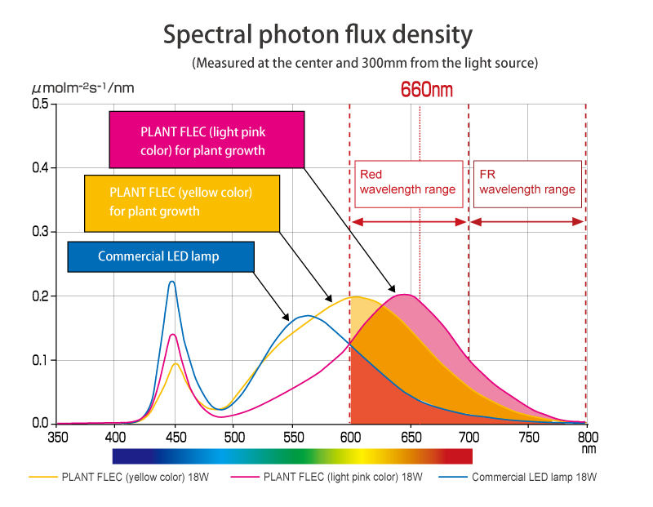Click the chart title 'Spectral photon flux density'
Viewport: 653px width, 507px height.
click(318, 35)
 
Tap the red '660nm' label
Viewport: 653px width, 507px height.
click(426, 90)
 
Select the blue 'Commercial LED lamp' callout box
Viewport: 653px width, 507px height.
click(160, 256)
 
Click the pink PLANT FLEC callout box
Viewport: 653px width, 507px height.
click(207, 140)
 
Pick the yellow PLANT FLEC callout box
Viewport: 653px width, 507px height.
click(181, 202)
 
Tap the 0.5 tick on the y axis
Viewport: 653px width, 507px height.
click(40, 105)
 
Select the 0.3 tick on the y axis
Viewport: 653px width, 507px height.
click(40, 232)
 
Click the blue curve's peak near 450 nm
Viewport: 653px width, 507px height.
click(171, 282)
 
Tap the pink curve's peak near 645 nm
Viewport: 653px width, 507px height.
click(405, 294)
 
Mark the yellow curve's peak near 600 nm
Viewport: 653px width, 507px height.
click(353, 296)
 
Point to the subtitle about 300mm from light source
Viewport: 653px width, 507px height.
click(364, 63)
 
